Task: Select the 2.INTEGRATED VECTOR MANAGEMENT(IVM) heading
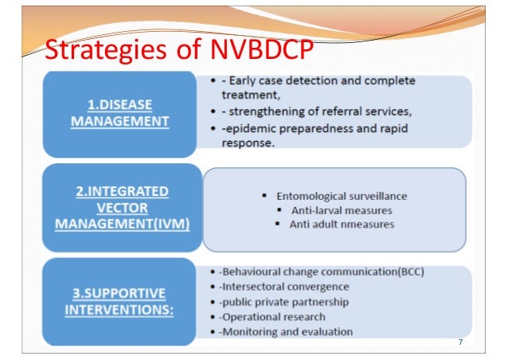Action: pyautogui.click(x=122, y=209)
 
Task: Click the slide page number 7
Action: pyautogui.click(x=459, y=342)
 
